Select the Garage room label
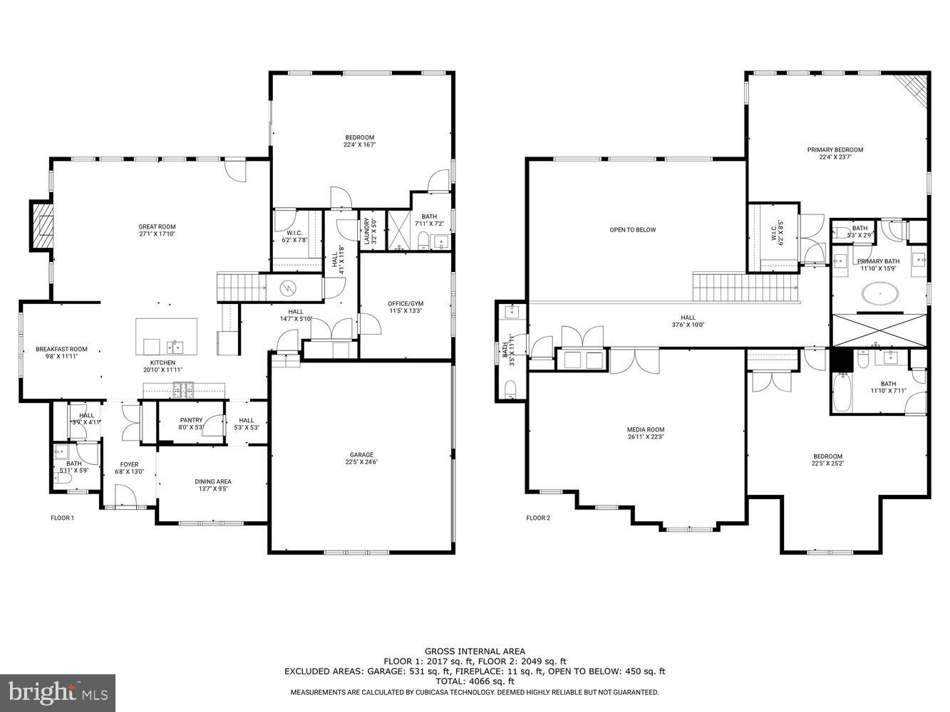(x=361, y=459)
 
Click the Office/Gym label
(x=406, y=307)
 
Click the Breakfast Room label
(x=61, y=352)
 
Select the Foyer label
(x=129, y=468)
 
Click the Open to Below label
(x=632, y=230)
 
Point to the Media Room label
(x=645, y=433)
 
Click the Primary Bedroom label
(x=835, y=153)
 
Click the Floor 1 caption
(x=62, y=518)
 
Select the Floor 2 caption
(x=538, y=518)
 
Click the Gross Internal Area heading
(x=475, y=651)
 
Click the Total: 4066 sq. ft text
(x=475, y=681)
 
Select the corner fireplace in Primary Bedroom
(x=916, y=88)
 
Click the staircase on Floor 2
(x=745, y=288)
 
